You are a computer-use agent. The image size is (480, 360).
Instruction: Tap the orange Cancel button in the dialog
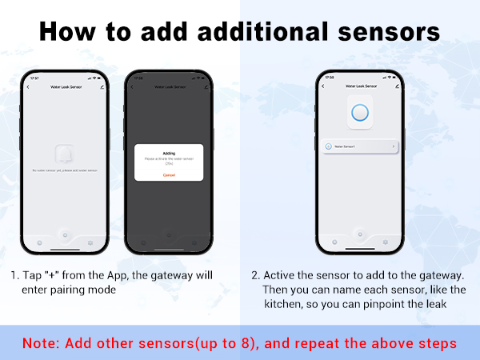point(169,174)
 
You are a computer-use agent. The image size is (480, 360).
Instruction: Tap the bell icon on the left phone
point(66,154)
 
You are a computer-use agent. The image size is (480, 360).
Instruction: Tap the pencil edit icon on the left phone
point(102,86)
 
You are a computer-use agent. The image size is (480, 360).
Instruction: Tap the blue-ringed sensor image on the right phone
point(359,114)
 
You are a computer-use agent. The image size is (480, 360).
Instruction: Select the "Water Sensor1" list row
point(359,146)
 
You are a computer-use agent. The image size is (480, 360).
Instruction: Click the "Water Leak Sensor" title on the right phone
point(359,86)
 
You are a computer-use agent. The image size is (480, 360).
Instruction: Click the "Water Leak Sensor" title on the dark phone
point(169,86)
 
